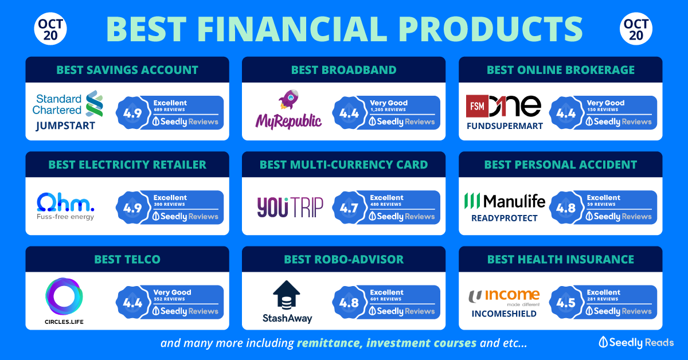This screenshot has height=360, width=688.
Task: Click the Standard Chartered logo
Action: pos(68,104)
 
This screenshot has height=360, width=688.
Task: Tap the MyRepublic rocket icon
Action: pos(288,100)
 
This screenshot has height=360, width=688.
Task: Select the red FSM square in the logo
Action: pos(477,106)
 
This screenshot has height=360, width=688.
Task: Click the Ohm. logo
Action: pos(65,202)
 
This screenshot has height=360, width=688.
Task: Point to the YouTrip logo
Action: pos(290,208)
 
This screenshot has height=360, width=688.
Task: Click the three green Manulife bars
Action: pos(472,201)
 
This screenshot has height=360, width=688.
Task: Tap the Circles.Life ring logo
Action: pos(64,296)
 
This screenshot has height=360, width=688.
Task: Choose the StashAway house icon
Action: pos(286,294)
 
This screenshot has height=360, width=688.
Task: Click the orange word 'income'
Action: pos(513,295)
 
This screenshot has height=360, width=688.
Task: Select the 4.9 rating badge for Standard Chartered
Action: pos(132,113)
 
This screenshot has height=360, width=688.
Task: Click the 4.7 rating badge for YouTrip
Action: pos(349,208)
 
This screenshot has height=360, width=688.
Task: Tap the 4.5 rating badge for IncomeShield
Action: pos(566,303)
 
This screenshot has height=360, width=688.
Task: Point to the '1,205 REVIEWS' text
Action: pos(388,109)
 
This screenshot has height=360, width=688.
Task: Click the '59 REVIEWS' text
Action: pos(601,204)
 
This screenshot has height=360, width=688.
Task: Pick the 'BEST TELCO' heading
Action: pos(127,260)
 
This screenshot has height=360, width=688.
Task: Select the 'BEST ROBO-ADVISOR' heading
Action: pos(343,260)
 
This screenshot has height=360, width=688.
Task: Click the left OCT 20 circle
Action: pos(50,29)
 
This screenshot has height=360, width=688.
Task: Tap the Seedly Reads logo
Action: pos(636,342)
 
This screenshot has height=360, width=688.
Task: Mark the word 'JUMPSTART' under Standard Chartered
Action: pos(65,126)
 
